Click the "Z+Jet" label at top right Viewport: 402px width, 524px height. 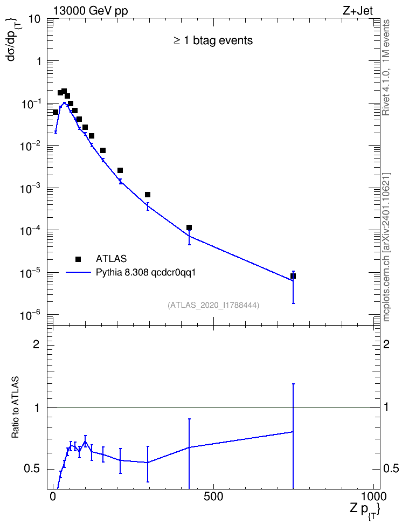[357, 11]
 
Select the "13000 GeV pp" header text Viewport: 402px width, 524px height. [91, 11]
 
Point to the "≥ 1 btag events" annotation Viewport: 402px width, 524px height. [213, 40]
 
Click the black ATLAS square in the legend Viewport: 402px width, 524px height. [78, 259]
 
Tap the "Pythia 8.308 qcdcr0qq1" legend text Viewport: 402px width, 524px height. [145, 273]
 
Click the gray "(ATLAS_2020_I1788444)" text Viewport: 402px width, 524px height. [213, 305]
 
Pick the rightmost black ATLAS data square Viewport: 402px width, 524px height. [293, 276]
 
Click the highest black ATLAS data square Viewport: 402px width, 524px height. [64, 91]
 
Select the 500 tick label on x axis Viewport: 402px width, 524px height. [213, 497]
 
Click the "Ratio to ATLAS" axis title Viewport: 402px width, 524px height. [16, 408]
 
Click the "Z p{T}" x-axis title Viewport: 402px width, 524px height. [365, 509]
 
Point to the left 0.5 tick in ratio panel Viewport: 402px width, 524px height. [32, 469]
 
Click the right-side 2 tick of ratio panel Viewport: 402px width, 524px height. [386, 344]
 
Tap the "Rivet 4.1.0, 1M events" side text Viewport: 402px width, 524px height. [386, 67]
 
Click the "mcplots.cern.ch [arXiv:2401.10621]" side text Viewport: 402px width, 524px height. [386, 247]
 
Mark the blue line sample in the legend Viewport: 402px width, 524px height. [78, 273]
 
